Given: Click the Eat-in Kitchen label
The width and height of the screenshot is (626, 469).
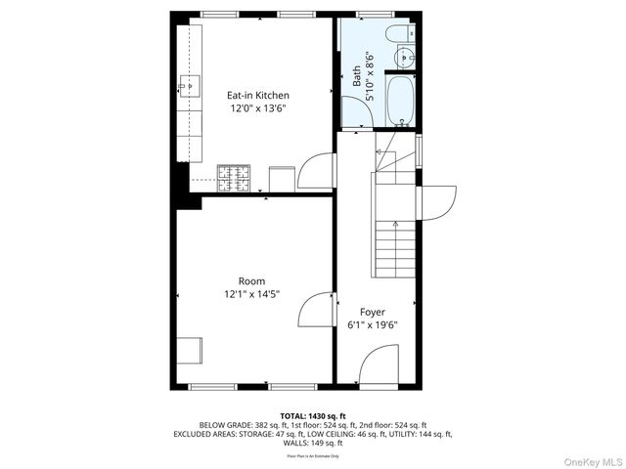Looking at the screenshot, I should (x=258, y=95).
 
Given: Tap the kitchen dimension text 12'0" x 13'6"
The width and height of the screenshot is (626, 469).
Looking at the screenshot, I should (x=258, y=109).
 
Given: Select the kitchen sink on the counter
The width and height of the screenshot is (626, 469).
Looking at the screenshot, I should (x=187, y=86).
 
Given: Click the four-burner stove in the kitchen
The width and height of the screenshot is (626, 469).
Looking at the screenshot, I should (x=234, y=177).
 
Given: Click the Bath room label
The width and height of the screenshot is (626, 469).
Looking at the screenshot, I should (x=356, y=76).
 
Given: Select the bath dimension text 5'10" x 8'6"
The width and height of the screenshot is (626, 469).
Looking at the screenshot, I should (x=370, y=76).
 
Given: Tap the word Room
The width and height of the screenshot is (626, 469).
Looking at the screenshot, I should (x=252, y=280).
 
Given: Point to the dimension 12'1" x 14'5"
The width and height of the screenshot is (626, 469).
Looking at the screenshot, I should (x=252, y=294).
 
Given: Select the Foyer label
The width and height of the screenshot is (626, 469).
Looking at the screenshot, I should (x=373, y=312).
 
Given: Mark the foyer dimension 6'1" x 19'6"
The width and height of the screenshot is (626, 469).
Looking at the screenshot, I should (x=373, y=325).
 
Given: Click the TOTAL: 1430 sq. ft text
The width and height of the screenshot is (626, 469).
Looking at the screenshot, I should (x=313, y=416).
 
